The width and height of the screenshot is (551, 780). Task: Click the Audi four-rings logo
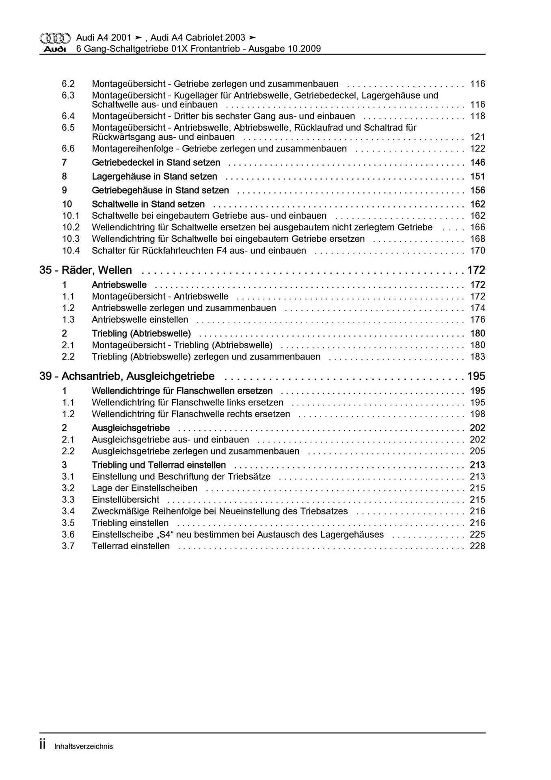[x=55, y=38]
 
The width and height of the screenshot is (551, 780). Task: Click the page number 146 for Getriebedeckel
[x=478, y=162]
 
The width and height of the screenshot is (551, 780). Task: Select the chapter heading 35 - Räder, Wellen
[x=86, y=270]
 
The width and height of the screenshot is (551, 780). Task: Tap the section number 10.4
[x=71, y=251]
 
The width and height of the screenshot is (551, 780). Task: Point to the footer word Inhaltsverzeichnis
[x=84, y=746]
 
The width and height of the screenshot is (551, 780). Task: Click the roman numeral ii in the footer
[x=43, y=745]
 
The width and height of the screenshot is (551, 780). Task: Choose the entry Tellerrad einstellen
[x=131, y=546]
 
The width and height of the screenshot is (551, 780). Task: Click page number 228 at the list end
[x=478, y=546]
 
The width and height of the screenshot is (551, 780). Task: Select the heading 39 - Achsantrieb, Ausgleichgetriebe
[x=127, y=376]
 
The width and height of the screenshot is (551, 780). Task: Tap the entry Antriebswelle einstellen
[x=140, y=320]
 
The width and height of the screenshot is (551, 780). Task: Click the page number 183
[x=478, y=357]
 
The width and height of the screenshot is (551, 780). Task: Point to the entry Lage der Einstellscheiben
[x=145, y=488]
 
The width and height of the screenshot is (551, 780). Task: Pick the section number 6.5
[x=68, y=128]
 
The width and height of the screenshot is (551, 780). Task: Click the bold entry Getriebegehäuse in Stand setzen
[x=160, y=191]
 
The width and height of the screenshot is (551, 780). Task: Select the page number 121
[x=478, y=137]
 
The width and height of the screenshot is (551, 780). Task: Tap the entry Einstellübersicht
[x=125, y=500]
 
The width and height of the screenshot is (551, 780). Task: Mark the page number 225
[x=478, y=535]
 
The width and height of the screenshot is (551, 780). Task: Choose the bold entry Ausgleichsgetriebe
[x=131, y=428]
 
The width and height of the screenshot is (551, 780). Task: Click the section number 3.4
[x=68, y=511]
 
